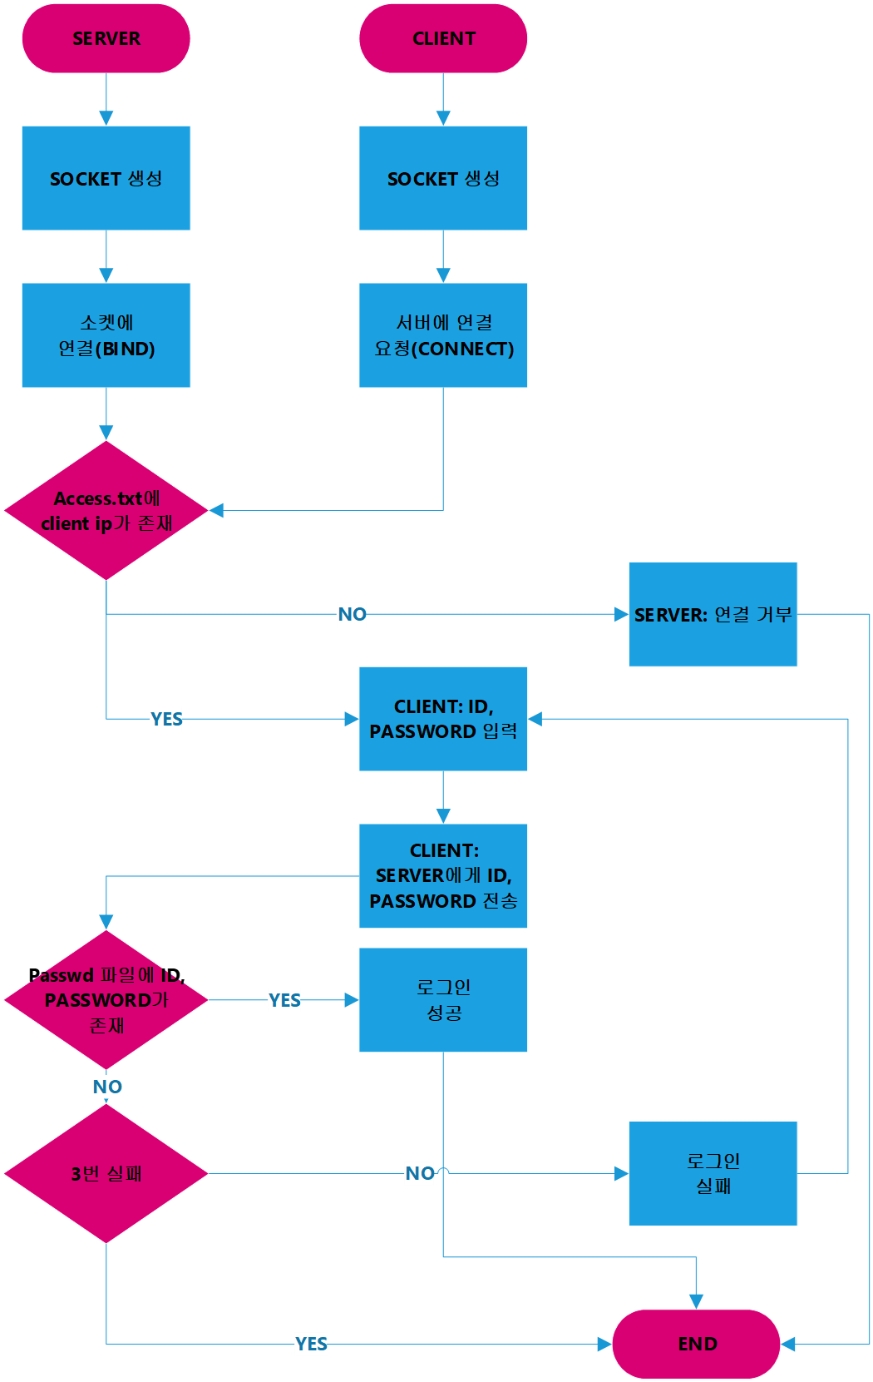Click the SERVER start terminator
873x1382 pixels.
click(106, 38)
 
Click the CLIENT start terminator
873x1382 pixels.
click(443, 38)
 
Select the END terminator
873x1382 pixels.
click(697, 1344)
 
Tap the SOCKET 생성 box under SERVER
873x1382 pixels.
click(106, 178)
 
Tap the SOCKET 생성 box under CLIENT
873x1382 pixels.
click(443, 178)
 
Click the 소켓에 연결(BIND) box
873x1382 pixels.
click(106, 335)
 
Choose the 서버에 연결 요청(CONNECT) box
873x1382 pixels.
click(443, 335)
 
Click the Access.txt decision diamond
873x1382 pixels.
click(106, 510)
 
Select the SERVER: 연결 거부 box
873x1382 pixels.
click(713, 614)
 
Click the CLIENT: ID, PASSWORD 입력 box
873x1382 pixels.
click(443, 719)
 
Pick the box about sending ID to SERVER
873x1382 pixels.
click(443, 875)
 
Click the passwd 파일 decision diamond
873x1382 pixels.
click(106, 999)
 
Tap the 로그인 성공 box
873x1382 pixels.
click(443, 999)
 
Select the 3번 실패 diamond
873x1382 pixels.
click(106, 1173)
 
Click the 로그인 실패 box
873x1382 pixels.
click(713, 1173)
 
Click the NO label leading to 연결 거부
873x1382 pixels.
click(352, 614)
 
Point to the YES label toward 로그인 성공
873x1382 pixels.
click(284, 999)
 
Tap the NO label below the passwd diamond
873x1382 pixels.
click(106, 1086)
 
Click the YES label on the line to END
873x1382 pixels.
click(311, 1344)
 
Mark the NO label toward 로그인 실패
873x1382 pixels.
click(420, 1173)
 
